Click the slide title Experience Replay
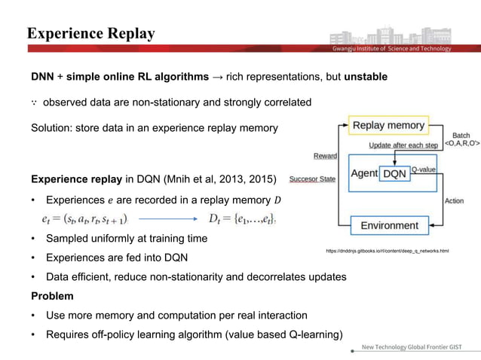coord(90,34)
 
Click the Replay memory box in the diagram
coord(389,125)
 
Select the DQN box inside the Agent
coord(395,173)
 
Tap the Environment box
coord(389,225)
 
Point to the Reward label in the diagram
coord(325,157)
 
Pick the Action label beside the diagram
coord(454,201)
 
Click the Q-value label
coord(426,170)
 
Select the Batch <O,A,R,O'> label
coord(455,139)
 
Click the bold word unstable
coord(366,77)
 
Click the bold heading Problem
coord(52,296)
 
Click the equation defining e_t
coord(84,219)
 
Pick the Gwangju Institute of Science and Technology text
coord(392,49)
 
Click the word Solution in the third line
coord(53,128)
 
